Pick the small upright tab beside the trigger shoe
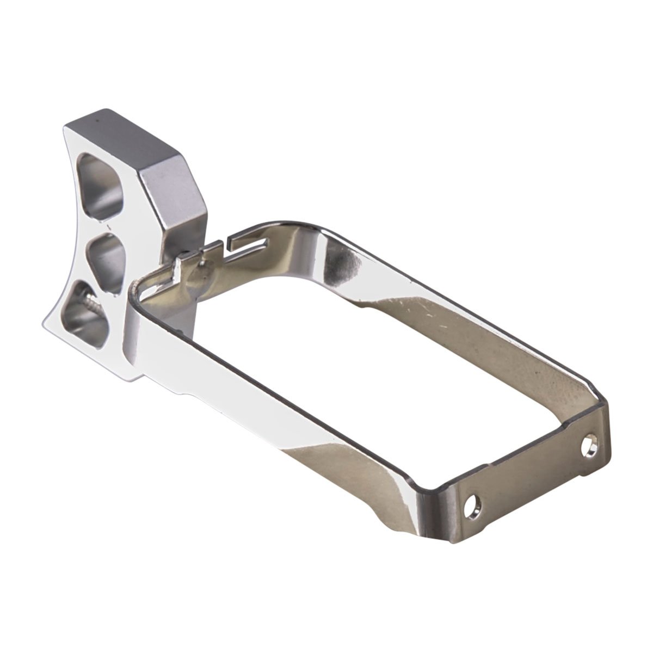pyautogui.click(x=177, y=267)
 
